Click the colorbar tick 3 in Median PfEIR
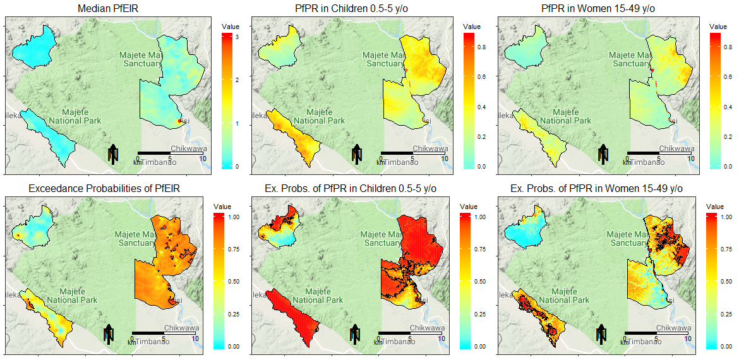(x=236, y=38)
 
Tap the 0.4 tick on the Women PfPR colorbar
(x=728, y=107)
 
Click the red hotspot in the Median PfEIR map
(x=179, y=121)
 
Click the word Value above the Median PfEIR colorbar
(x=231, y=26)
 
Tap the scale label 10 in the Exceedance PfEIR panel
(x=196, y=339)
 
